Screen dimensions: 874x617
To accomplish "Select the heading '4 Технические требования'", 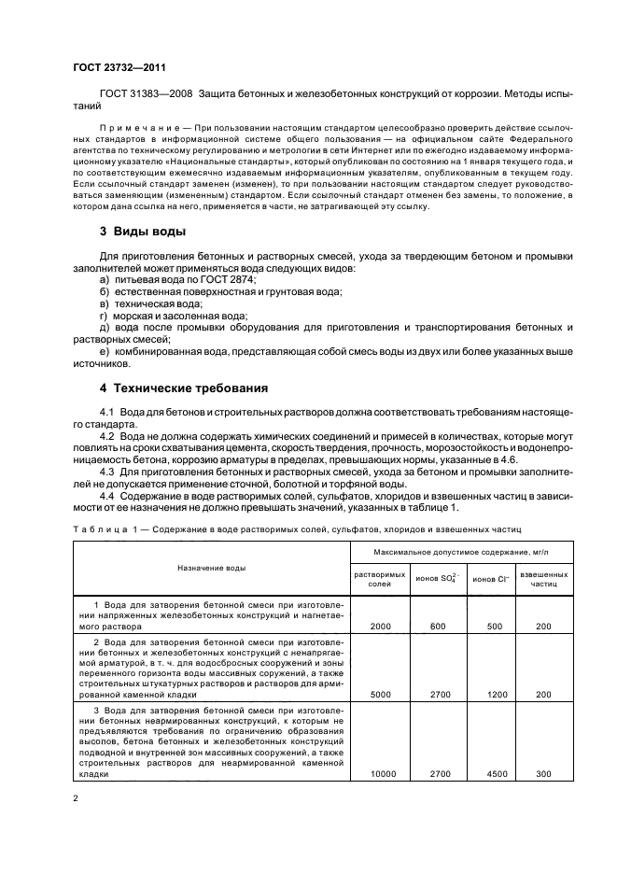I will point(177,388).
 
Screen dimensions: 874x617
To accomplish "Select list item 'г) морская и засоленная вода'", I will point(173,317).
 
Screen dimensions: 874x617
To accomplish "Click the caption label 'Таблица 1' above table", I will point(104,529).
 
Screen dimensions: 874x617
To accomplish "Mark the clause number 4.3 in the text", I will point(106,473).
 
